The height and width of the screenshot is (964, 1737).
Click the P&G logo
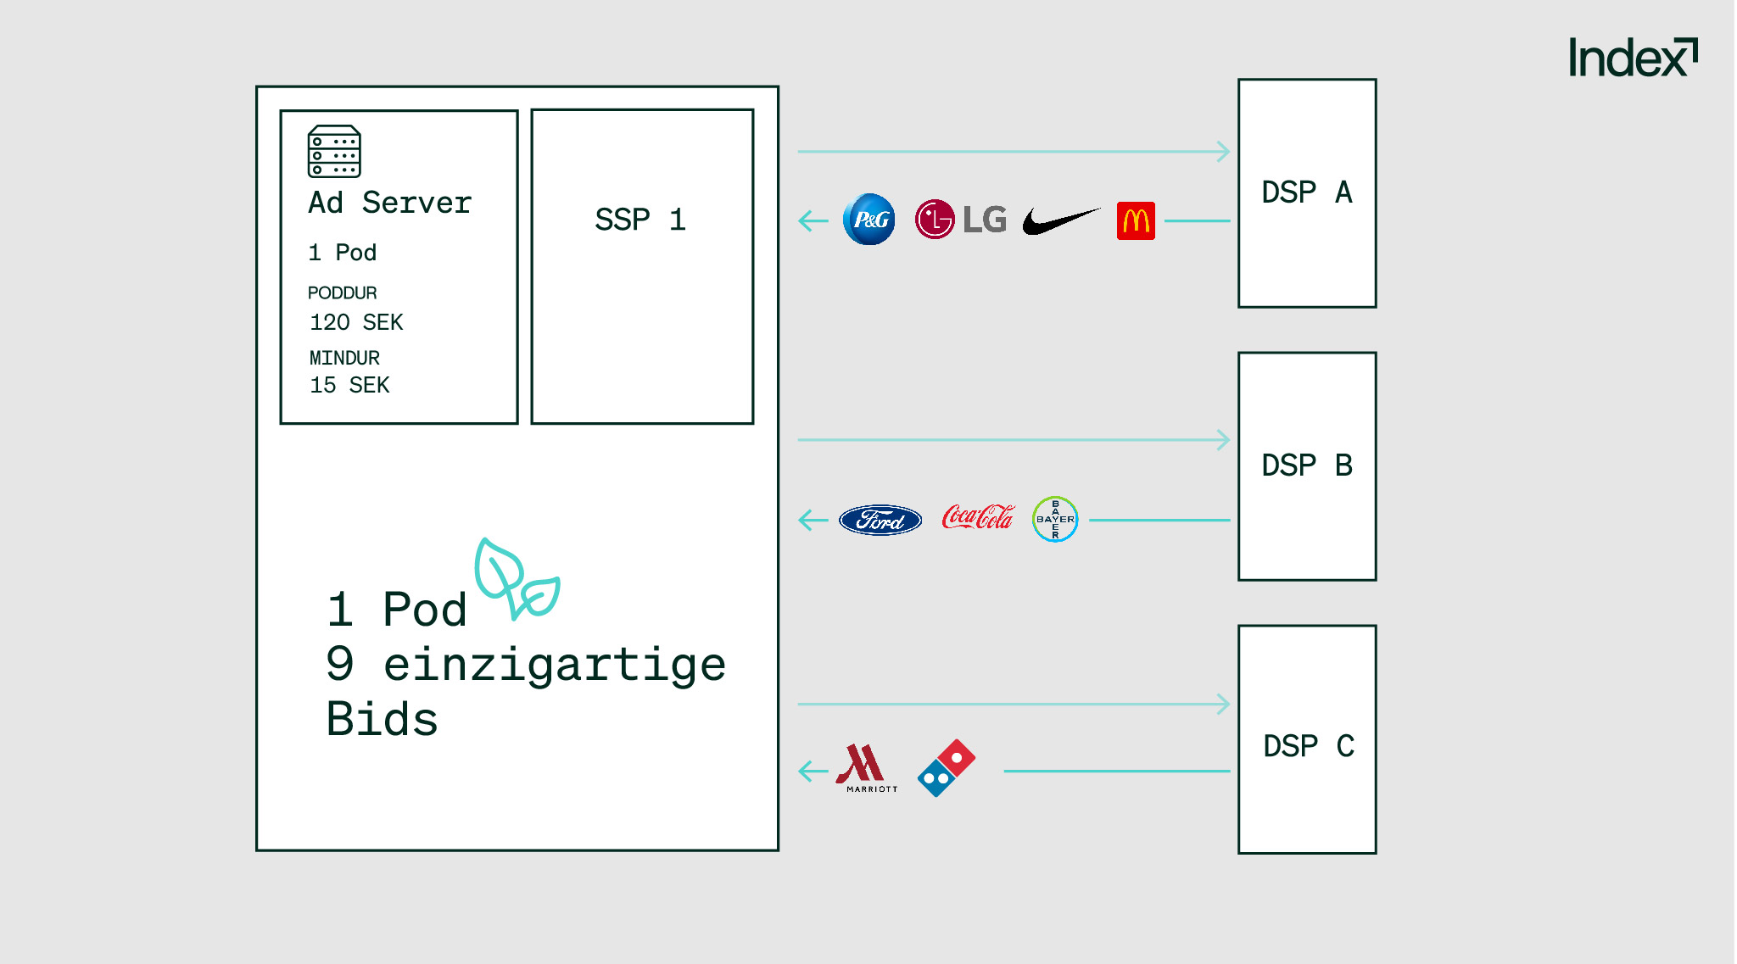tap(869, 220)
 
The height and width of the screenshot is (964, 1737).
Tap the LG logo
tap(960, 220)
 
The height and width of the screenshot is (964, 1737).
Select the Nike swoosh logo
tap(1060, 220)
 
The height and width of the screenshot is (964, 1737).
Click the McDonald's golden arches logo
tap(1136, 221)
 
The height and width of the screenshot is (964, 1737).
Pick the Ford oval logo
tap(880, 520)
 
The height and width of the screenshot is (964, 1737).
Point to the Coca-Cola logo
tap(978, 517)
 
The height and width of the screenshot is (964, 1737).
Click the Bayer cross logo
tap(1055, 519)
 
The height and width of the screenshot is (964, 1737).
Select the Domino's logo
tap(947, 767)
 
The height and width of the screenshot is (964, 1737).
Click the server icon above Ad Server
tap(334, 152)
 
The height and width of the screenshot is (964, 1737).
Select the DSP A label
tap(1307, 192)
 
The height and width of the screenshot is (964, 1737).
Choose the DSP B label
tap(1307, 465)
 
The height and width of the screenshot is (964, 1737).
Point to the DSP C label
tap(1309, 746)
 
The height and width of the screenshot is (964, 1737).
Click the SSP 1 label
tap(640, 220)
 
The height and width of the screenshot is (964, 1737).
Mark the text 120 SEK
tap(356, 322)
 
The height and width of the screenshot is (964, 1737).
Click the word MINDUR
tap(344, 358)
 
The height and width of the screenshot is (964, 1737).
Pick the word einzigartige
tap(555, 664)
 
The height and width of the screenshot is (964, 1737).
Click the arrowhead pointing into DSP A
tap(1223, 152)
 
